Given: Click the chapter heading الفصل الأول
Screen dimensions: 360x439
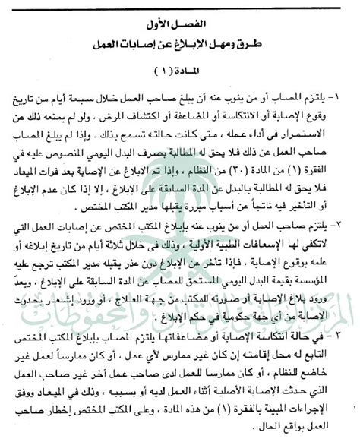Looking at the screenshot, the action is pyautogui.click(x=181, y=15).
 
